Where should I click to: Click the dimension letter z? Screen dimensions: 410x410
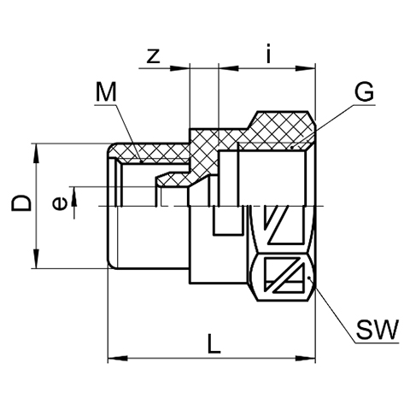point(154,56)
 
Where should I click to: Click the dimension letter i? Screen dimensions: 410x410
point(268,53)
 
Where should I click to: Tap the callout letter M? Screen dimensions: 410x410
point(106,91)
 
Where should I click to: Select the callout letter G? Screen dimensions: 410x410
point(364,91)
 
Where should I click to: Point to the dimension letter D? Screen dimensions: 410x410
point(20,203)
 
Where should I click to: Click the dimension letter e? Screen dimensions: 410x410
point(60,203)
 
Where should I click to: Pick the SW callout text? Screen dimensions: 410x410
point(378,330)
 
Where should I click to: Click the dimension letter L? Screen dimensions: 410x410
point(214,343)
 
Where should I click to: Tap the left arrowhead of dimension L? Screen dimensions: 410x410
point(117,358)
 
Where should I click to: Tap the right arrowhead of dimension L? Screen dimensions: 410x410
point(306,358)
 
